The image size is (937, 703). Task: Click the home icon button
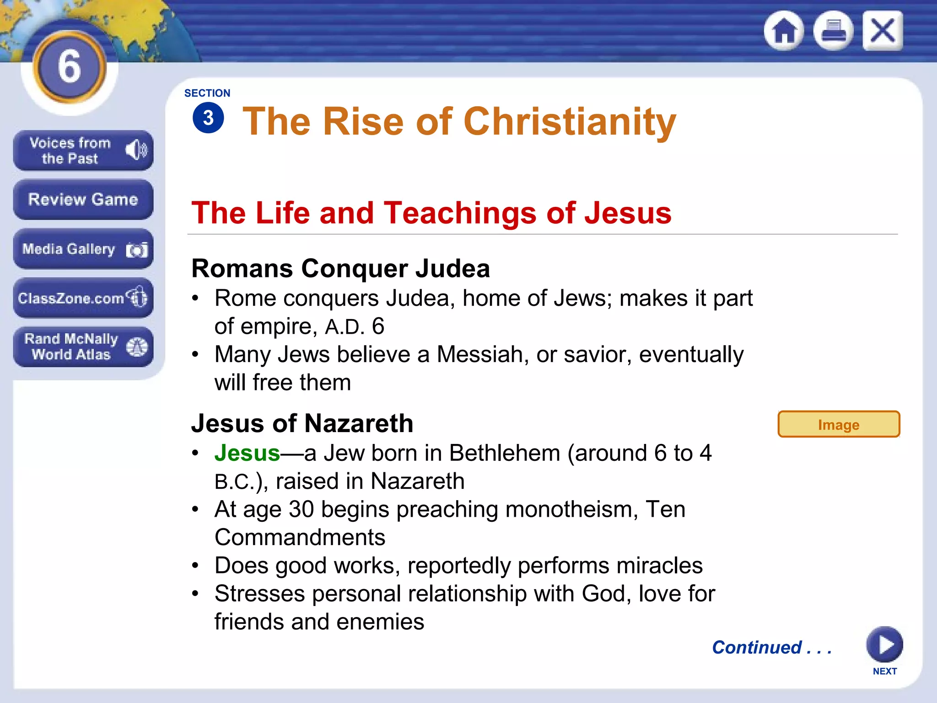(x=784, y=31)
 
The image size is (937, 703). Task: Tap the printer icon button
(x=833, y=31)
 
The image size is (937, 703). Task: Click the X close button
(x=883, y=31)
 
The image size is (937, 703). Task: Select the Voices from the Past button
(x=83, y=151)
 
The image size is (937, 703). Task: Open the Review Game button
(x=83, y=200)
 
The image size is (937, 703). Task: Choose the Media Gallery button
(x=83, y=249)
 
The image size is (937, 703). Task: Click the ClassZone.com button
(x=83, y=298)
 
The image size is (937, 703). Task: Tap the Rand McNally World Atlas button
(x=83, y=347)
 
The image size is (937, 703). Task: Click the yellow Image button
(x=838, y=424)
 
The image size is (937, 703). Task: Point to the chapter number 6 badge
(x=70, y=67)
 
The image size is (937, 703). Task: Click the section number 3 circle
(x=208, y=118)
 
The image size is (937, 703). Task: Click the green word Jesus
(x=247, y=453)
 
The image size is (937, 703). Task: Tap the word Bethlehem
(x=504, y=453)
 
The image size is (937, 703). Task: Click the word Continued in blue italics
(x=757, y=647)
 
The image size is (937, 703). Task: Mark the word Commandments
(x=300, y=537)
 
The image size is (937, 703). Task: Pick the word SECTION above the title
(x=207, y=93)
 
